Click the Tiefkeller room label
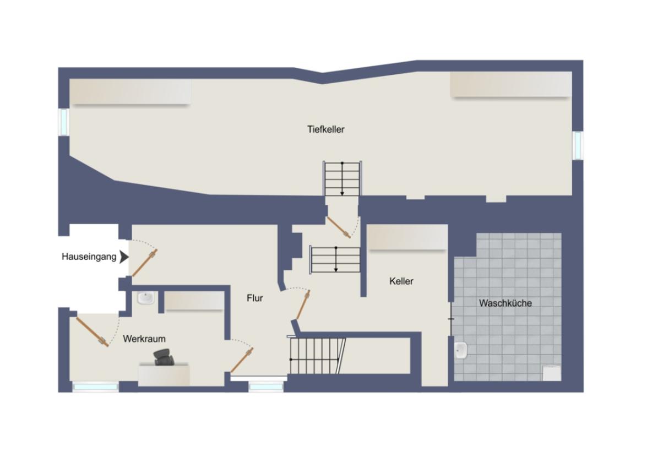[326, 130]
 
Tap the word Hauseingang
[89, 257]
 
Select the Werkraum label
[144, 339]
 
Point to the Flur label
[255, 298]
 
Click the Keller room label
[401, 281]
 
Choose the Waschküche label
[505, 303]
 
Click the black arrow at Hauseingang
[124, 257]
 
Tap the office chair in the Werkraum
[164, 357]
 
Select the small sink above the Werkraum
[146, 298]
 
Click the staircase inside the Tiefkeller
[342, 178]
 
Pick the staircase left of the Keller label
[335, 259]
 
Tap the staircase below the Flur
[317, 356]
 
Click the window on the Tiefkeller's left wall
[64, 122]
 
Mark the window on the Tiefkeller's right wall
[578, 145]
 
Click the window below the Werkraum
[96, 387]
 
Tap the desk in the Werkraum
[164, 375]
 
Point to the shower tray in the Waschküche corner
[552, 374]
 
